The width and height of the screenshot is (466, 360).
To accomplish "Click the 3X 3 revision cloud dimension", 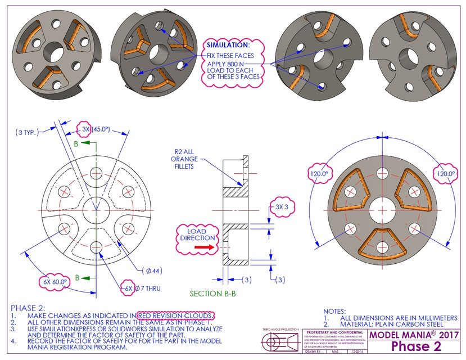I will click(283, 206).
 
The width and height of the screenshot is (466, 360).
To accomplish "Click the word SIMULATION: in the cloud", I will click(228, 44).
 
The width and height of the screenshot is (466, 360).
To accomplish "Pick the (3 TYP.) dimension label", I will click(26, 133).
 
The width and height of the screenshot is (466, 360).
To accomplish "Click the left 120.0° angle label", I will click(320, 174).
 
